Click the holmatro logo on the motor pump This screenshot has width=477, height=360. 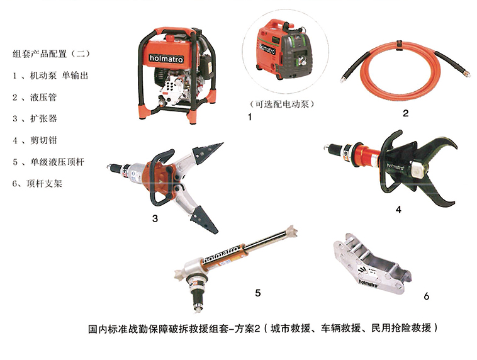click(x=166, y=58)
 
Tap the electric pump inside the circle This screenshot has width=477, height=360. click(x=284, y=49)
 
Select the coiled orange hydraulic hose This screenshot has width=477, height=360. click(x=405, y=67)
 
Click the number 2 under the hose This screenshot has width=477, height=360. click(x=405, y=113)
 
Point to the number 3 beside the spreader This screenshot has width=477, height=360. click(x=155, y=218)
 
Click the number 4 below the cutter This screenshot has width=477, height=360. click(x=398, y=210)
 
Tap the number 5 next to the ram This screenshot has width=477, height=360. click(x=258, y=293)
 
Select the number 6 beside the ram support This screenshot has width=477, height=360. click(x=427, y=296)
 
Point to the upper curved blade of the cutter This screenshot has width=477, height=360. click(x=438, y=149)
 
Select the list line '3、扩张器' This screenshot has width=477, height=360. click(x=35, y=118)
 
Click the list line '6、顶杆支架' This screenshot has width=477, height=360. click(x=37, y=184)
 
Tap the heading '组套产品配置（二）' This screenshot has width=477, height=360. click(x=52, y=54)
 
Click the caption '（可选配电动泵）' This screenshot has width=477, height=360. click(x=282, y=104)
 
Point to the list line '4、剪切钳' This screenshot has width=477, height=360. click(x=35, y=140)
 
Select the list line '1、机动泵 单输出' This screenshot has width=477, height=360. click(x=50, y=75)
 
